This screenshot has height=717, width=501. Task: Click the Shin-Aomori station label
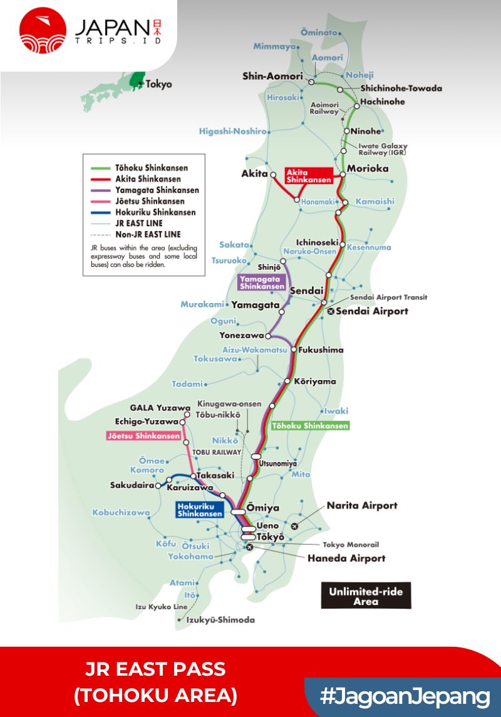coord(272,76)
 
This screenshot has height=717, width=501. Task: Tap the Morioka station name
coord(368,169)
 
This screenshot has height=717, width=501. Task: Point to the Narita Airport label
coord(362,506)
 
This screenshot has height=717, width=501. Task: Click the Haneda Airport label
coord(346,558)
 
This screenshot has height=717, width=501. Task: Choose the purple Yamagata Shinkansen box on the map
coord(262,282)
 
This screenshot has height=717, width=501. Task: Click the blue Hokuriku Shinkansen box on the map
coord(199,510)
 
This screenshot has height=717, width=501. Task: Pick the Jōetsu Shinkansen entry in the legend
coord(150,202)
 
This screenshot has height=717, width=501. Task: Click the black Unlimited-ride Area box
coord(366,596)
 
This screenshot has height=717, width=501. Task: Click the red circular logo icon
coord(43,30)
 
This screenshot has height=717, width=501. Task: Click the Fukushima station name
coord(321,349)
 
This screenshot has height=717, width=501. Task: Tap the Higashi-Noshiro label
coord(233,132)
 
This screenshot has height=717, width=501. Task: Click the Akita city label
coord(254,173)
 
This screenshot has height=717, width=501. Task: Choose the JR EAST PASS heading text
coord(155,669)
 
